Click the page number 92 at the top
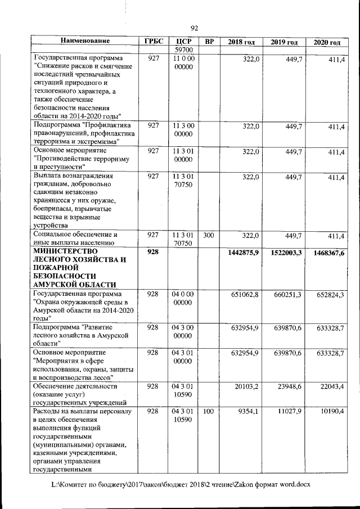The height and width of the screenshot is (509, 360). click(195, 29)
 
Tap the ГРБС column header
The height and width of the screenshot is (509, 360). click(153, 42)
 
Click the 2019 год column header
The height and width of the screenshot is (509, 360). click(284, 42)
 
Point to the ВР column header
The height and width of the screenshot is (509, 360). click(209, 42)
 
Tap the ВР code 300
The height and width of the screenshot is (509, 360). click(209, 236)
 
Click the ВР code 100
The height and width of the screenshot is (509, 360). click(209, 412)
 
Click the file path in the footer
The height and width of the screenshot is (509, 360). click(181, 484)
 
